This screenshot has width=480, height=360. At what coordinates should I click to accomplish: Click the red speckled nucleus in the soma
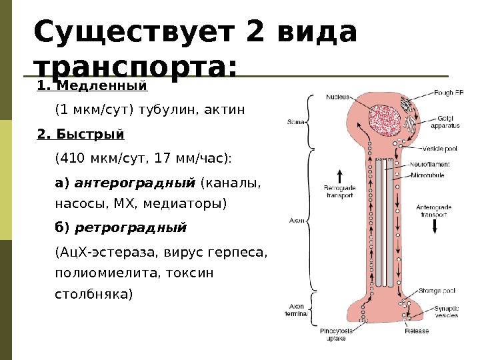tap(381, 121)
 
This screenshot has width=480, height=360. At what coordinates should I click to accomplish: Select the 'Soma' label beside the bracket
tap(295, 123)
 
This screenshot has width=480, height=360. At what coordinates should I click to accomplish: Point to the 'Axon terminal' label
tap(295, 309)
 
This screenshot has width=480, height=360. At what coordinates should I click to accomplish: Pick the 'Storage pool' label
tap(437, 291)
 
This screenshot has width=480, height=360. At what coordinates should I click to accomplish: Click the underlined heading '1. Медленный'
tap(92, 86)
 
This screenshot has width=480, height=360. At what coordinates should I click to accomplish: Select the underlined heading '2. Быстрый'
tap(81, 134)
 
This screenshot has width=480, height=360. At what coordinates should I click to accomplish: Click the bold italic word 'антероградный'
tap(135, 183)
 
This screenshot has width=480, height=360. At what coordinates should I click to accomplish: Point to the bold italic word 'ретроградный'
tap(130, 228)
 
